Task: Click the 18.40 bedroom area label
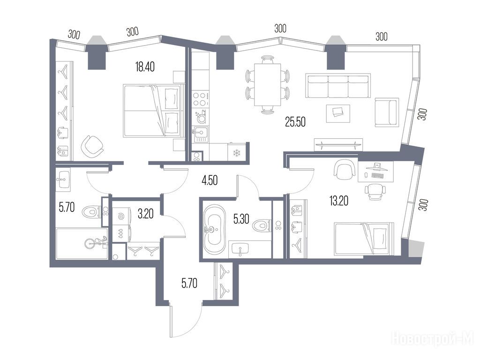[145, 67]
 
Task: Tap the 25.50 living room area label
[295, 122]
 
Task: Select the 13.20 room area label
[339, 201]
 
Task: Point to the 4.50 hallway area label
[210, 180]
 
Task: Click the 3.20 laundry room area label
[145, 214]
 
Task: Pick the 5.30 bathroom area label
[241, 219]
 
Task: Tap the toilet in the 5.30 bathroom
[262, 226]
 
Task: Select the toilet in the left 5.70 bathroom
[91, 211]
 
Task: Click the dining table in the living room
[268, 84]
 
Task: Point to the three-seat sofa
[338, 86]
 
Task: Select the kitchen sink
[200, 134]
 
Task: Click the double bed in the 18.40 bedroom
[152, 111]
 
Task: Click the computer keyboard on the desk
[378, 176]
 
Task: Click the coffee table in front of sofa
[338, 113]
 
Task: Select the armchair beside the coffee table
[387, 112]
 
